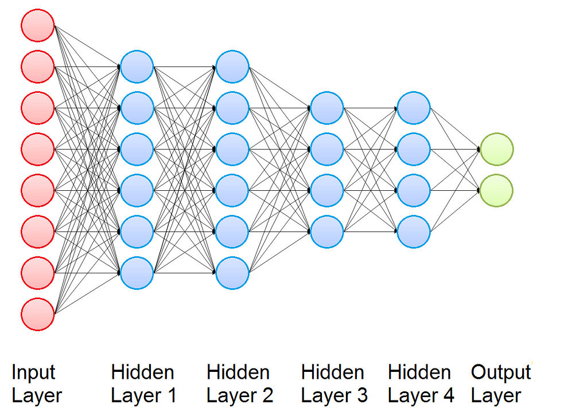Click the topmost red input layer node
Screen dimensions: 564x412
[38, 26]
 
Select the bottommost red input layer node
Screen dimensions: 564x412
[38, 314]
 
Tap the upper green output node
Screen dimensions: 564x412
[497, 149]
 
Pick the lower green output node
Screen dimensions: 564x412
[497, 190]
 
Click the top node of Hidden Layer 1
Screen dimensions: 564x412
[137, 67]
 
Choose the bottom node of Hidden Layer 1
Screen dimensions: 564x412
[137, 273]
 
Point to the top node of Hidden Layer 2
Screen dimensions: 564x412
[232, 67]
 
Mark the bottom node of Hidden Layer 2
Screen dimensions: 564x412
[232, 273]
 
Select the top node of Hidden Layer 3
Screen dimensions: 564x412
[327, 108]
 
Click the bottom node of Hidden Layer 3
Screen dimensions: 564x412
[327, 231]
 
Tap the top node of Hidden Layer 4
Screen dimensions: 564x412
[414, 108]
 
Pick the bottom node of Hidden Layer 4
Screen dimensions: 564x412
[414, 231]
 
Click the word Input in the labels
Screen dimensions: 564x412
[33, 373]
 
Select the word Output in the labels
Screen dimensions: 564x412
[501, 372]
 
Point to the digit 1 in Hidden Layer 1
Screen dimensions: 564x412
[172, 395]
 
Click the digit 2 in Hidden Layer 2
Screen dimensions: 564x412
[267, 395]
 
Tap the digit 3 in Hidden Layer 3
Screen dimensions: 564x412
[362, 395]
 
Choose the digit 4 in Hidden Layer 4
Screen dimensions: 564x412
[449, 395]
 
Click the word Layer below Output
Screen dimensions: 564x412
[496, 397]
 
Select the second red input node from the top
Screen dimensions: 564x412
[38, 67]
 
